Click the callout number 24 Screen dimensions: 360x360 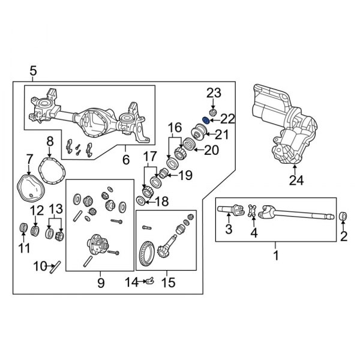[294, 180]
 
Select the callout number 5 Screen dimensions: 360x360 [33, 72]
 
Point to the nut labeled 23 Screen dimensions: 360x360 [212, 112]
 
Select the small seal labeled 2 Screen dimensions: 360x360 [344, 216]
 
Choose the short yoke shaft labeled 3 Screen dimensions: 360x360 [231, 211]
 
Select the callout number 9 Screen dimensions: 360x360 [100, 281]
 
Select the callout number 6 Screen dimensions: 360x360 [125, 160]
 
